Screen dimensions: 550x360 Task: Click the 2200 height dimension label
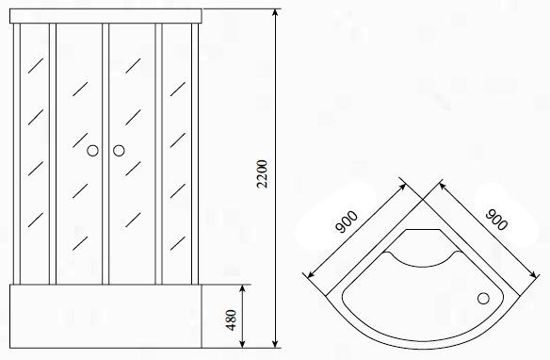coord(262,174)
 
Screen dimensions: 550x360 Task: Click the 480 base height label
coord(231,319)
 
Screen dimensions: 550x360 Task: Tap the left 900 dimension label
coord(347,221)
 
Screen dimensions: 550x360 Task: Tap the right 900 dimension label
coord(496,220)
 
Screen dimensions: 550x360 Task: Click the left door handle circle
coord(92,151)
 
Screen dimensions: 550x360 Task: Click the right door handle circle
coord(119,151)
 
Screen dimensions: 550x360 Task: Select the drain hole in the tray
coord(483,298)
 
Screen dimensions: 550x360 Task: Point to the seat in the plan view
coord(423,248)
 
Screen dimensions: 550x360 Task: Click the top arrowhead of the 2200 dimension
coord(275,13)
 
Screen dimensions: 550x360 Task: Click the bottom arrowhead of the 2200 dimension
coord(275,344)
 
